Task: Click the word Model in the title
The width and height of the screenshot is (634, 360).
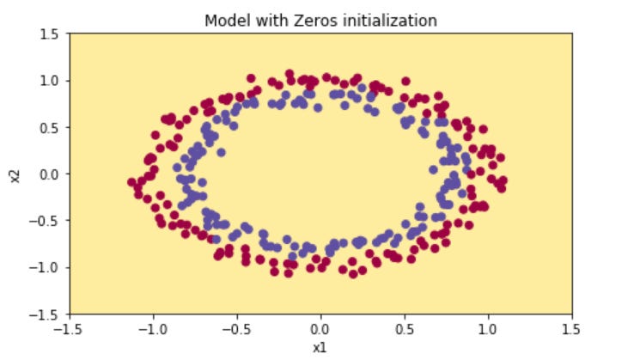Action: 225,20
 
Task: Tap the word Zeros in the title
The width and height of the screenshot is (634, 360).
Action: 300,20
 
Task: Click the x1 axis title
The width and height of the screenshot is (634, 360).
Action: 320,347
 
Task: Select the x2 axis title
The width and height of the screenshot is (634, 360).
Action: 15,174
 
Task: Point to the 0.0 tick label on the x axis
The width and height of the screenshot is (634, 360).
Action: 320,329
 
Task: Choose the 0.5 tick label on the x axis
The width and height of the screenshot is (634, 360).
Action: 405,329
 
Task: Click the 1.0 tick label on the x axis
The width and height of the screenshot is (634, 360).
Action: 489,329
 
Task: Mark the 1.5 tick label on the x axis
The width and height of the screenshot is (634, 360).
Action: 573,329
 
